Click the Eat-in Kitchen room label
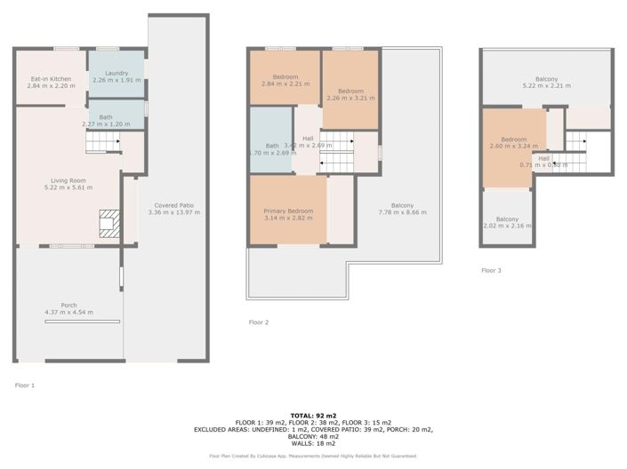(50, 83)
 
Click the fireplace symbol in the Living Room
(109, 224)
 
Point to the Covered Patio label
(171, 210)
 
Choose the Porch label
(68, 308)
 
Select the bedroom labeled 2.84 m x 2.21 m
(285, 81)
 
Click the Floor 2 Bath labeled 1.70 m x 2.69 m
(272, 150)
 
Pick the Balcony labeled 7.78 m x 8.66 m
(396, 210)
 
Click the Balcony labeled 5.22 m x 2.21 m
(546, 83)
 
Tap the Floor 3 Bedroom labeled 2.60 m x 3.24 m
(513, 143)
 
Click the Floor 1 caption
(25, 386)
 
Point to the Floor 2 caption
(259, 322)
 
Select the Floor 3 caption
(492, 270)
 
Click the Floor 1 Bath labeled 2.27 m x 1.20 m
(106, 121)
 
